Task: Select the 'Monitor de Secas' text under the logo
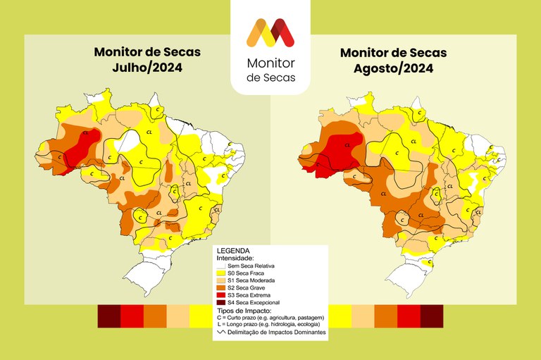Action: click(x=270, y=70)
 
